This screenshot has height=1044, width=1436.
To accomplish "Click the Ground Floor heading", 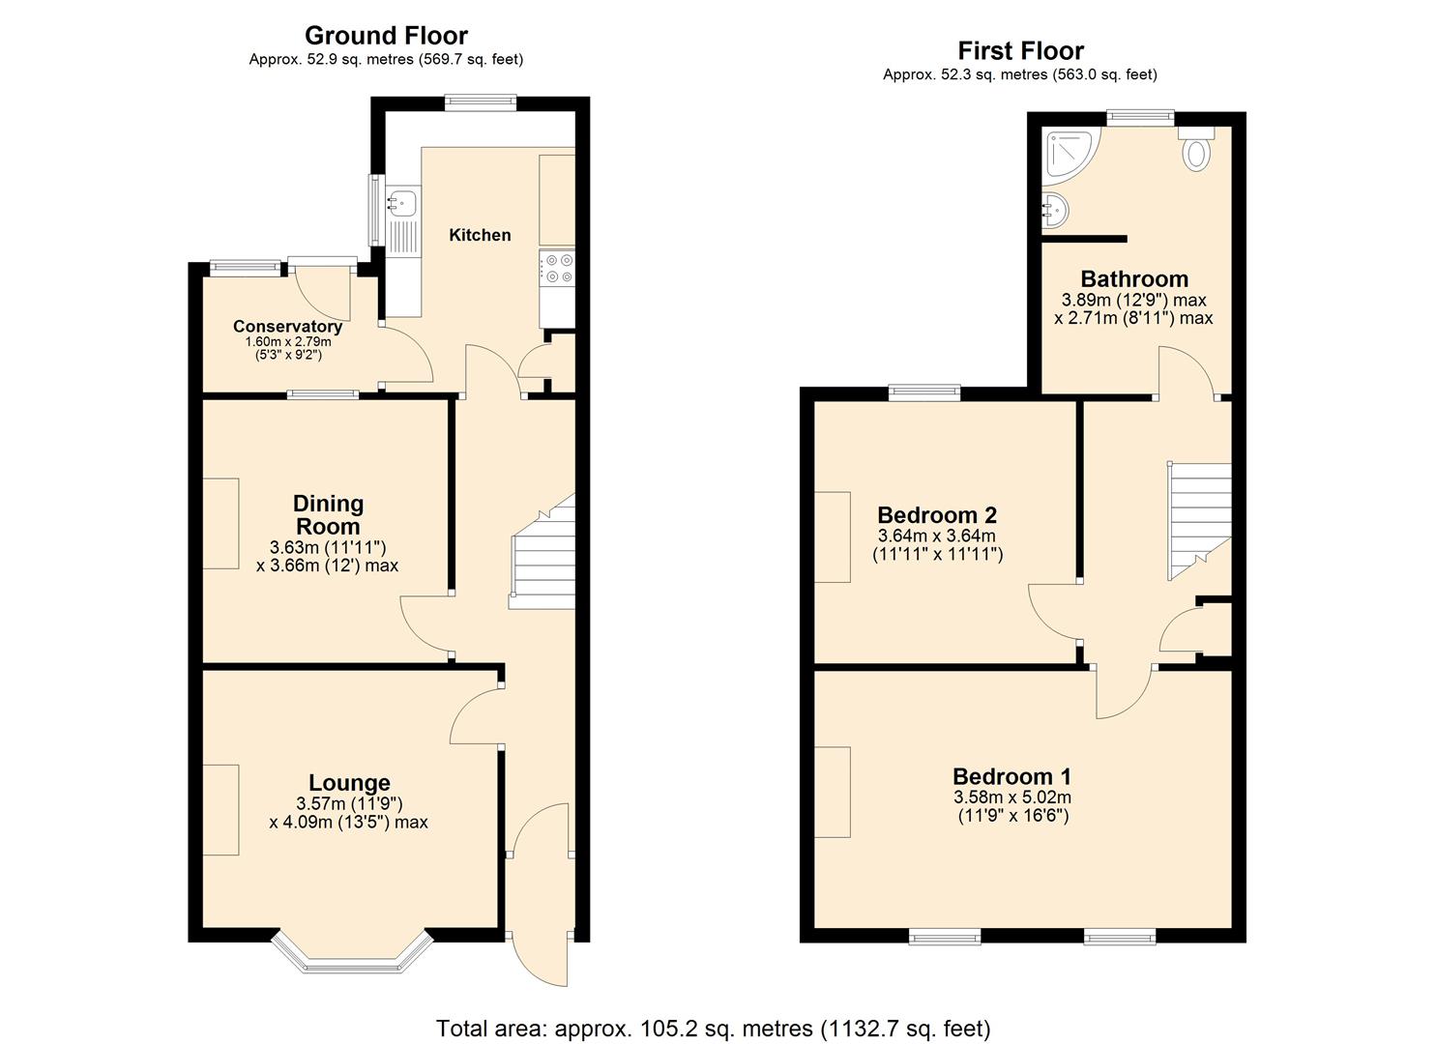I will coord(386,36).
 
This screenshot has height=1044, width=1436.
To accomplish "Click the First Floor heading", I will coord(1020,50).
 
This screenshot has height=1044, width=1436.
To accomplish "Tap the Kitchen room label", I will coord(480,235).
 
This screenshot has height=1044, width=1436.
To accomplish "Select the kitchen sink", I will coord(402,203).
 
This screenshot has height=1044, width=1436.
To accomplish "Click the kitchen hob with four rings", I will coord(557,268).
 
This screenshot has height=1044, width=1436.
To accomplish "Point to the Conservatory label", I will coord(287,327).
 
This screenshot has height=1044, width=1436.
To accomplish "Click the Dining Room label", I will coord(328,514).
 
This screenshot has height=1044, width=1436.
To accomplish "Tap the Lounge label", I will coord(349,782).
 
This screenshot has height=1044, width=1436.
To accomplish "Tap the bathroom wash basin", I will coord(1054,207).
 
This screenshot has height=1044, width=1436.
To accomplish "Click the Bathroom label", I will coord(1134,279).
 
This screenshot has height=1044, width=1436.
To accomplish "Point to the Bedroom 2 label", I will coord(936,514).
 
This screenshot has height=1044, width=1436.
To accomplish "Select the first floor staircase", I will coord(1199,517).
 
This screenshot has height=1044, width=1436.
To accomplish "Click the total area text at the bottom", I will coord(713,1028).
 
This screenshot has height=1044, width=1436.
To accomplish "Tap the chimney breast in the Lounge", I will coord(220,809).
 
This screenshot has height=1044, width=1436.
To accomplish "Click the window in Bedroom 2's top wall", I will coord(924,392).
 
